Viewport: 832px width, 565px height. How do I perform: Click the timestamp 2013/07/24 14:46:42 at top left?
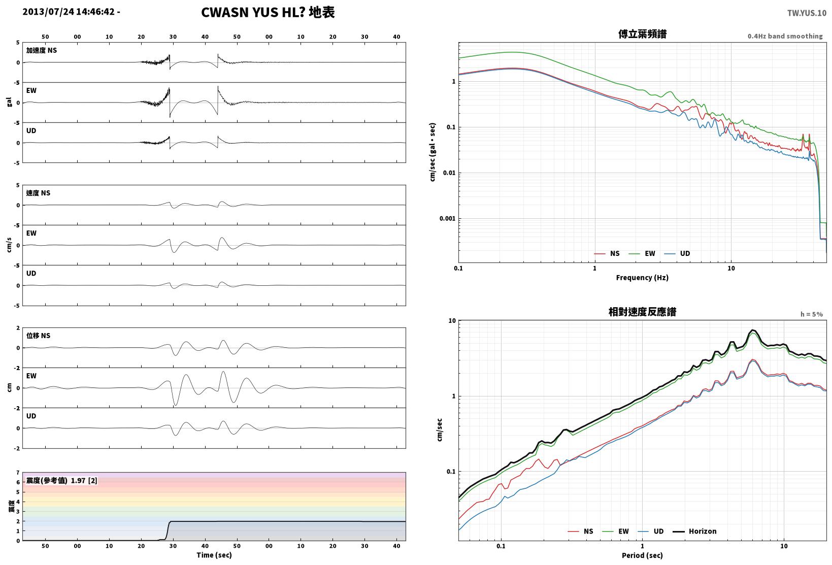tap(69, 12)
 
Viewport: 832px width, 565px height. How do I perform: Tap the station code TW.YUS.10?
tap(807, 13)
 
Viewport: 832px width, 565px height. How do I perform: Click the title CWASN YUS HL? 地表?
tap(268, 12)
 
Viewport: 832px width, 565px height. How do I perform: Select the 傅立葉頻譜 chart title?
tap(642, 34)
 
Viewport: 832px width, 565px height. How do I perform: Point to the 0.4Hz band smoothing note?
tap(785, 36)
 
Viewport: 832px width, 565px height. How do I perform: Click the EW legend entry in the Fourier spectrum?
tap(642, 253)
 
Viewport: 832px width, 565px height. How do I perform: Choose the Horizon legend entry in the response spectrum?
tap(694, 531)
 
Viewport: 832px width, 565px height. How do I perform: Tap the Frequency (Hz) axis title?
tap(642, 278)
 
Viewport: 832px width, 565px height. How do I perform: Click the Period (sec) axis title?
tap(642, 555)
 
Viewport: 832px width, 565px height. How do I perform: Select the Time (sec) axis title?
tap(214, 555)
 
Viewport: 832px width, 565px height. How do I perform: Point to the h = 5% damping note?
tap(812, 314)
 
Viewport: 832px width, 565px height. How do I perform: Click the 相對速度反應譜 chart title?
tap(642, 312)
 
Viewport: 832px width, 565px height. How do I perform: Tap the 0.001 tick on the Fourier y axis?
tap(447, 218)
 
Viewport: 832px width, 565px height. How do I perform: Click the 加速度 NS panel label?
tap(41, 50)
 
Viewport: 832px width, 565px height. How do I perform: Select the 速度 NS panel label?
tap(38, 193)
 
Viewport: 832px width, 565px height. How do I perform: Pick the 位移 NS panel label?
tap(38, 336)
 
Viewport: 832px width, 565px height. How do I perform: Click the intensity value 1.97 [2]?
tap(84, 480)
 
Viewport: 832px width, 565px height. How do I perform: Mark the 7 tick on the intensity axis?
tap(18, 473)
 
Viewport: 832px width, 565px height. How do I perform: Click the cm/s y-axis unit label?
tap(9, 245)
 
